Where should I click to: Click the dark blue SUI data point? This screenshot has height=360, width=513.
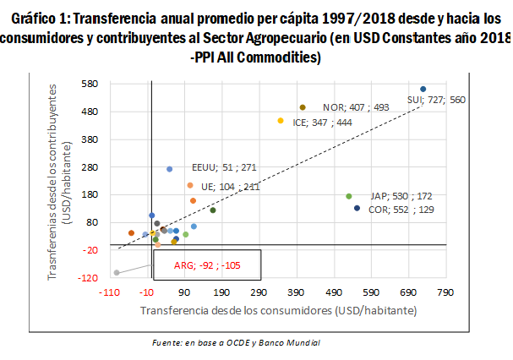click(x=423, y=89)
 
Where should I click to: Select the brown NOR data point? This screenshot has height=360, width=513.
click(x=303, y=107)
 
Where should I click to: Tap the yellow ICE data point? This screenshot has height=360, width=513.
click(x=281, y=121)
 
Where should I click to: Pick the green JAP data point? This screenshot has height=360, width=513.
click(x=348, y=196)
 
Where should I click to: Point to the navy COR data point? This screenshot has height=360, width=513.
click(x=357, y=208)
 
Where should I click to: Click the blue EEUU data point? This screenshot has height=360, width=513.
click(x=169, y=169)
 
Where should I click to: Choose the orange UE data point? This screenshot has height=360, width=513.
click(x=190, y=185)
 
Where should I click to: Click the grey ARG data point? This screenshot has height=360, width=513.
click(x=117, y=273)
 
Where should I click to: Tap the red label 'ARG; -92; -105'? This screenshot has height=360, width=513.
click(x=206, y=265)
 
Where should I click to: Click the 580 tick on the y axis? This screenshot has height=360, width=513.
click(x=90, y=84)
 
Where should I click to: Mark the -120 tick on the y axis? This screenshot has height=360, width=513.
click(x=90, y=277)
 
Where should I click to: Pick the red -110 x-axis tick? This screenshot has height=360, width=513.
click(x=109, y=292)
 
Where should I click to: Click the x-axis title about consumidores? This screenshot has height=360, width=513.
click(x=278, y=310)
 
